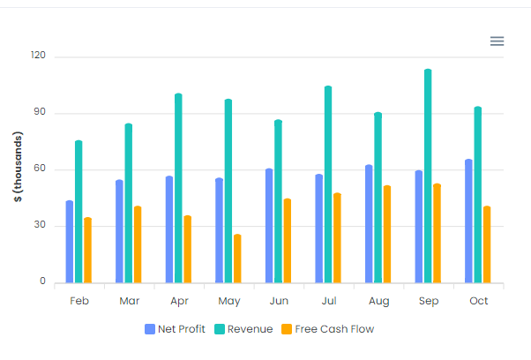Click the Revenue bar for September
click(x=428, y=176)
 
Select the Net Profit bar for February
click(x=70, y=242)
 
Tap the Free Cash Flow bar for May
click(x=237, y=259)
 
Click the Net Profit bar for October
click(x=468, y=221)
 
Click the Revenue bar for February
click(x=79, y=212)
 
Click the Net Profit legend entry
click(x=175, y=329)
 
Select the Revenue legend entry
click(x=243, y=329)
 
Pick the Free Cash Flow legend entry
click(x=327, y=329)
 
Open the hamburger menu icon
click(x=497, y=41)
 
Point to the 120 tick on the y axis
click(x=37, y=56)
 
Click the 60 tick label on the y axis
click(x=40, y=169)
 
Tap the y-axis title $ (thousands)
click(x=17, y=168)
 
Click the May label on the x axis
click(x=228, y=301)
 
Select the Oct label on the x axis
click(x=478, y=301)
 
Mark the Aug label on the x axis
click(x=378, y=301)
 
